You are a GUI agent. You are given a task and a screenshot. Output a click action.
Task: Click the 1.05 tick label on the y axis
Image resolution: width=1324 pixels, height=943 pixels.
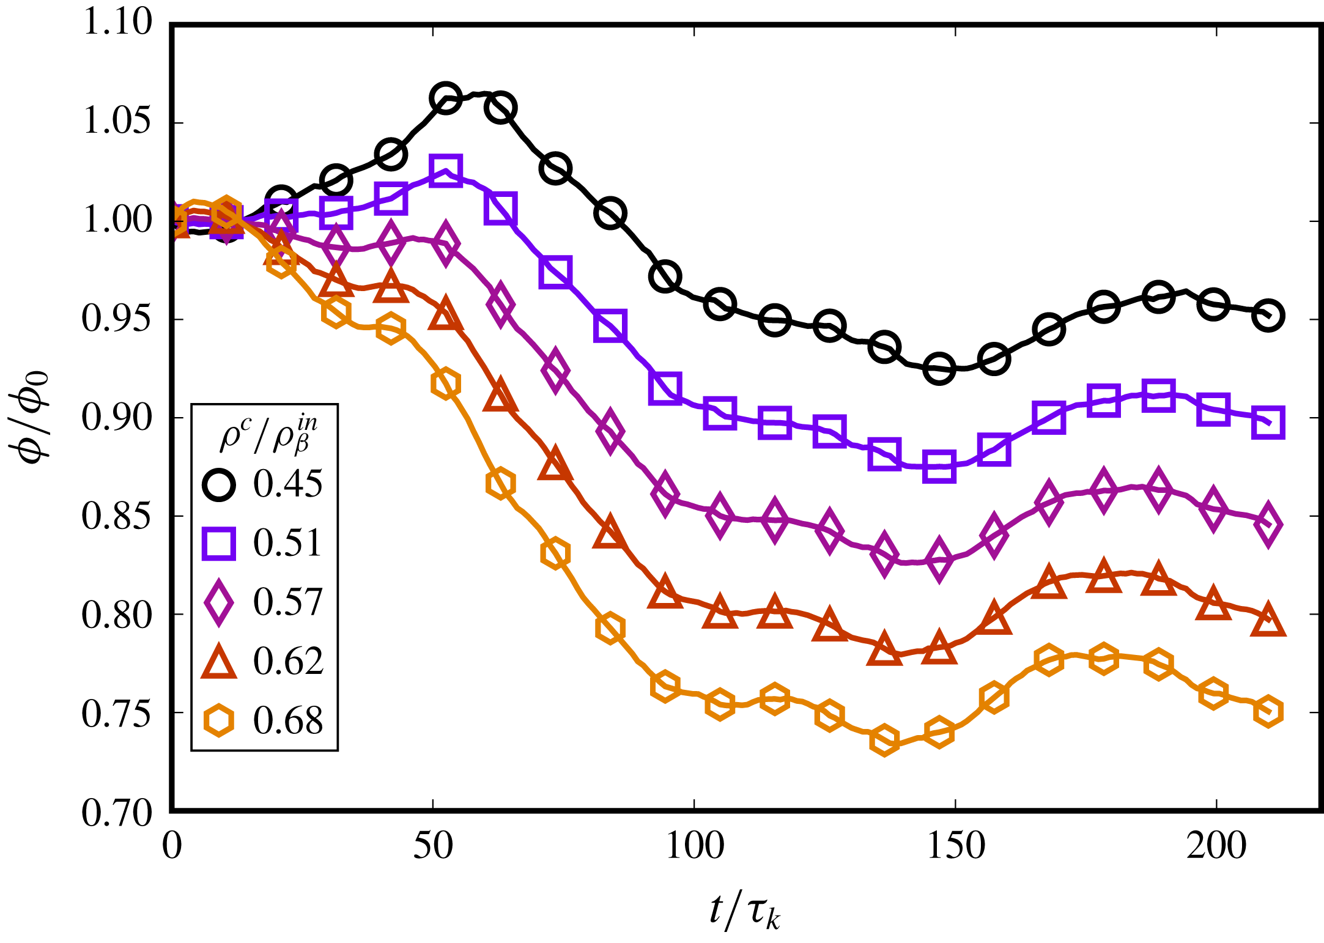point(116,121)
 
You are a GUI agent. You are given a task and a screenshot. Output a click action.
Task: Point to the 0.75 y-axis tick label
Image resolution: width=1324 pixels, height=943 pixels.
point(116,713)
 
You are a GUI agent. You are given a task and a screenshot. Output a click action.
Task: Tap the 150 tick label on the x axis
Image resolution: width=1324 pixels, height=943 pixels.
point(956,846)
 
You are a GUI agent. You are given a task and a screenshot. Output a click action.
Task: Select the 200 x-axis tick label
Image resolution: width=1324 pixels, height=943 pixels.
point(1216,846)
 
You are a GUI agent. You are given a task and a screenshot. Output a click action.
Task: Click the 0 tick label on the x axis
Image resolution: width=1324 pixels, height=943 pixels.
point(172,846)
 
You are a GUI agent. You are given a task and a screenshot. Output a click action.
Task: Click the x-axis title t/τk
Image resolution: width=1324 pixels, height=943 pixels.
point(744,910)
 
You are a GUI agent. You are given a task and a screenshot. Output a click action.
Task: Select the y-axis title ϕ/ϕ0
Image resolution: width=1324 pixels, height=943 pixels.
point(31,417)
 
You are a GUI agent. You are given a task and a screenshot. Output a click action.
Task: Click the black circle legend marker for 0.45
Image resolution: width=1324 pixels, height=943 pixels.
point(218,484)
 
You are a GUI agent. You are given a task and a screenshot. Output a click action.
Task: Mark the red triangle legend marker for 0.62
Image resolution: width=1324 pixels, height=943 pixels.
point(218,662)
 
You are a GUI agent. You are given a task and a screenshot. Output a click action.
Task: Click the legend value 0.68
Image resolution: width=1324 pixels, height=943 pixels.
point(287,720)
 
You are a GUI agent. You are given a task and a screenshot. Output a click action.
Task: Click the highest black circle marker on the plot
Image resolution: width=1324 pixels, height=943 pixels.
point(445,98)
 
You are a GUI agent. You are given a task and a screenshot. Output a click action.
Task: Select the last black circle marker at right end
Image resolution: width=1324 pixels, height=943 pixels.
point(1268,316)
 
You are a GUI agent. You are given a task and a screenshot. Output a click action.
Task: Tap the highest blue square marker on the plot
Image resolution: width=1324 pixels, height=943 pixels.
point(445,169)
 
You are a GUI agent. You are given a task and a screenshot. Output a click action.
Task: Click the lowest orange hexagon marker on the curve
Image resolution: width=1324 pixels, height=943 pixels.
point(884,741)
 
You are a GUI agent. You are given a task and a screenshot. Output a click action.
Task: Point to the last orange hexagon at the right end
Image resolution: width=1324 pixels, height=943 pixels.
point(1268,711)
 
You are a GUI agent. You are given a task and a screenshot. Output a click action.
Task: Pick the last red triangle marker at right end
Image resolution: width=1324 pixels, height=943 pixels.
point(1268,622)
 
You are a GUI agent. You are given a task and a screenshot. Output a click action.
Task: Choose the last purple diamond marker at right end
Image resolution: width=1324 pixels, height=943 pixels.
point(1268,525)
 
